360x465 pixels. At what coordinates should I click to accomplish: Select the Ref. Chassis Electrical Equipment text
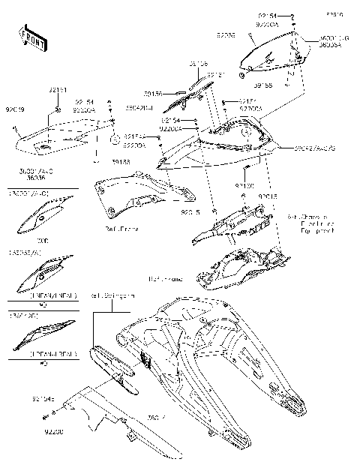[307, 223]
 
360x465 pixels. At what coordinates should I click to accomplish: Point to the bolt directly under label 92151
[58, 110]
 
